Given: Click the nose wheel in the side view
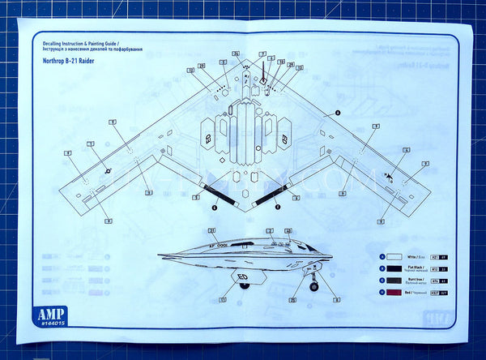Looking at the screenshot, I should (313, 286).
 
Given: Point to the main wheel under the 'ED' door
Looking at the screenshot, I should (244, 308).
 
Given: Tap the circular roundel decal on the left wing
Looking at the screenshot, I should (107, 169).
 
